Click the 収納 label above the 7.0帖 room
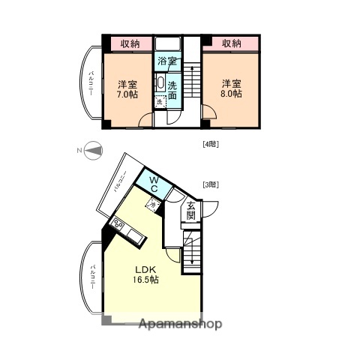pyautogui.click(x=129, y=43)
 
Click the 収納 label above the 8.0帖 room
pyautogui.click(x=232, y=43)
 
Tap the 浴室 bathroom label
pyautogui.click(x=166, y=61)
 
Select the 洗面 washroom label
pyautogui.click(x=172, y=90)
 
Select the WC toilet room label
pyautogui.click(x=152, y=183)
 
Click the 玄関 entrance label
pyautogui.click(x=190, y=211)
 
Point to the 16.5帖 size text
pyautogui.click(x=145, y=280)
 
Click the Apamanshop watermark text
pyautogui.click(x=180, y=324)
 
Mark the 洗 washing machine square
pyautogui.click(x=159, y=102)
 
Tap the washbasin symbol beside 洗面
pyautogui.click(x=160, y=84)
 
